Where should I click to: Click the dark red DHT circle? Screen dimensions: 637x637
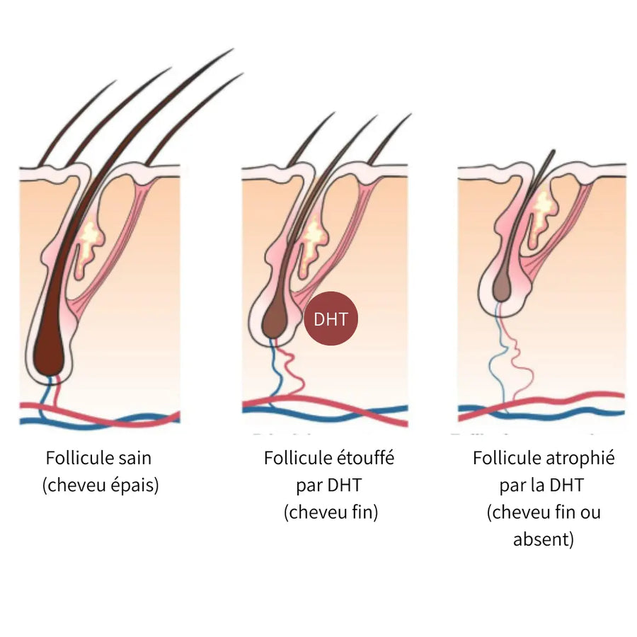click(331, 318)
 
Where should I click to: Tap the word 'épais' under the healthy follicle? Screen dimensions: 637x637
click(131, 486)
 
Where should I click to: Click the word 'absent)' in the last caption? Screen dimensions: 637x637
click(543, 540)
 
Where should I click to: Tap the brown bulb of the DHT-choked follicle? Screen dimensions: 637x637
click(273, 319)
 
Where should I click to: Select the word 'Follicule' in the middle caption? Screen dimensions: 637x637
click(292, 458)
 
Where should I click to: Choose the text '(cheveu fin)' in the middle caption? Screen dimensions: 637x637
click(331, 512)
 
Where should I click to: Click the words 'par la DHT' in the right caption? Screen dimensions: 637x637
click(543, 486)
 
